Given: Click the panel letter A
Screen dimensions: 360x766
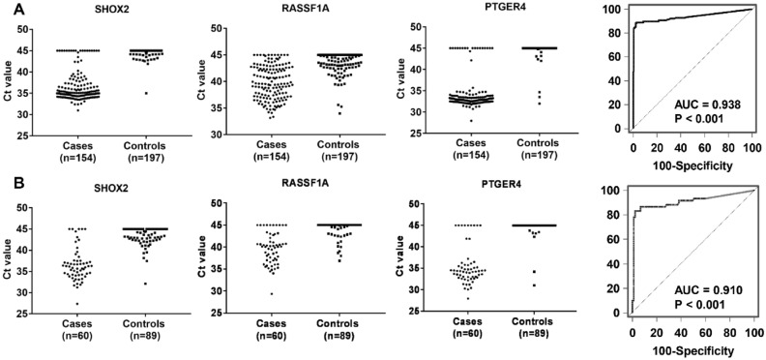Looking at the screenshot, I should pos(9,9).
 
